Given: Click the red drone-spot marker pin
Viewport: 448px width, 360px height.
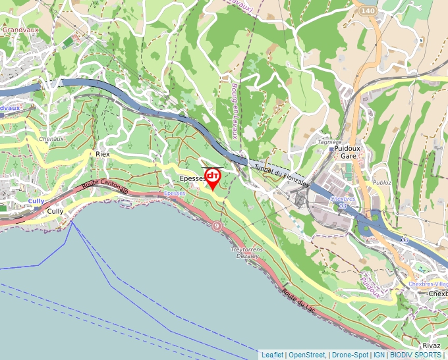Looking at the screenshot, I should (213, 177).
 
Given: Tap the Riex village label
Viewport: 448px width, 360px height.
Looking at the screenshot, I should (102, 153).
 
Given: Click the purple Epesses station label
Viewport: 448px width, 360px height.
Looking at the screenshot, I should (175, 193).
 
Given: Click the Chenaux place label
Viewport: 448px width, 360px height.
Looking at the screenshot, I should (51, 139).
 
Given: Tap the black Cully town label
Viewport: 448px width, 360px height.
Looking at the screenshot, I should (55, 211).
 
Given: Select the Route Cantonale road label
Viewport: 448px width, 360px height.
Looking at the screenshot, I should (105, 188).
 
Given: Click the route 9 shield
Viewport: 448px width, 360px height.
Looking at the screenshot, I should (217, 226).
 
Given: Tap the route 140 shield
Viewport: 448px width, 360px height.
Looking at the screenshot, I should (368, 12).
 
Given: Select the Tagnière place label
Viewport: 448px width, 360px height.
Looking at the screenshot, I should (330, 141).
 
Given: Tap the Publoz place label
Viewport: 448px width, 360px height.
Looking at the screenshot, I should (382, 182).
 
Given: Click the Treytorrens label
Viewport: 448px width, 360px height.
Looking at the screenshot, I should (247, 250).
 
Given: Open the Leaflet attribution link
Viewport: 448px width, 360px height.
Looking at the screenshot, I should (273, 355).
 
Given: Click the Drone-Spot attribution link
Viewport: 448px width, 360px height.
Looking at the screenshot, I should (350, 355).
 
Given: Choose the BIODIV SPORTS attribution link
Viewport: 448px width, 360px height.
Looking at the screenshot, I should (416, 355).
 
